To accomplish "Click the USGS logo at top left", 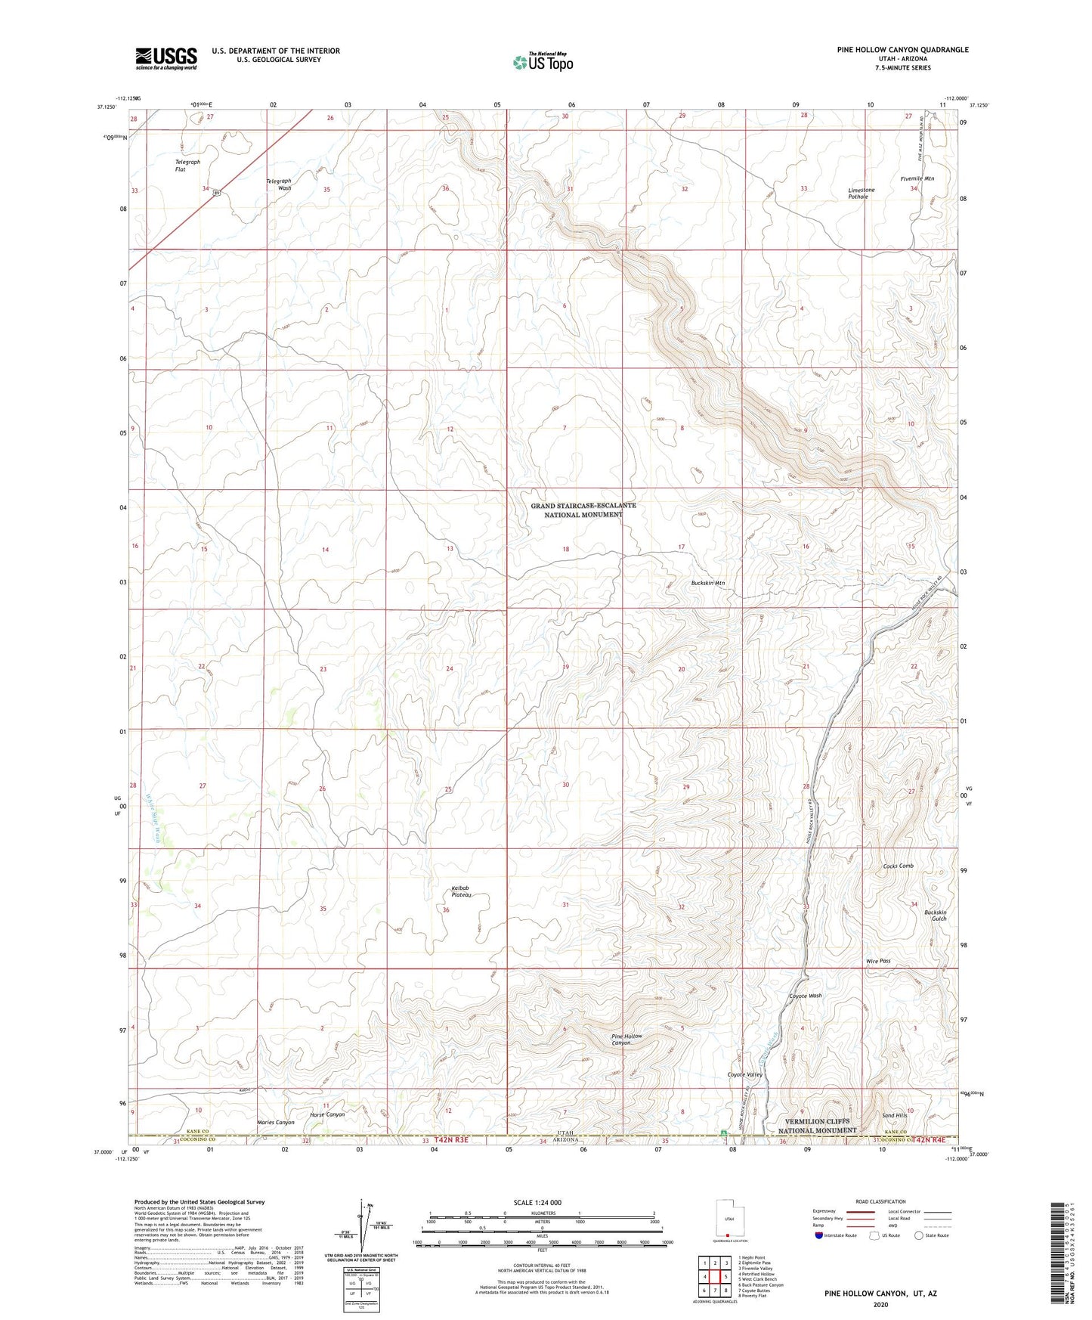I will (166, 58).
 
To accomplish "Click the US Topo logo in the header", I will (543, 62).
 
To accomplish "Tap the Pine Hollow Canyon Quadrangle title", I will (902, 50).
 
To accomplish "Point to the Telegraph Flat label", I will (187, 166).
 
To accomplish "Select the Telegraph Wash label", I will (278, 184).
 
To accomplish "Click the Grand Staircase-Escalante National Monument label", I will (583, 510).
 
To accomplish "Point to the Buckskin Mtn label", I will (707, 583).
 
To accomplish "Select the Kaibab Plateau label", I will (461, 891).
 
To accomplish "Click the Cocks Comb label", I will (898, 866).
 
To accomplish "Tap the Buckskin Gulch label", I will (935, 916).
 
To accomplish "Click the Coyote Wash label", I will (805, 996).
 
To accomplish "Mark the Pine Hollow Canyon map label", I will (626, 1040).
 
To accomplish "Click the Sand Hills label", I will (894, 1115).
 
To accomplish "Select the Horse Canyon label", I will (327, 1114).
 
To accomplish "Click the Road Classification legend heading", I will (880, 1201).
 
